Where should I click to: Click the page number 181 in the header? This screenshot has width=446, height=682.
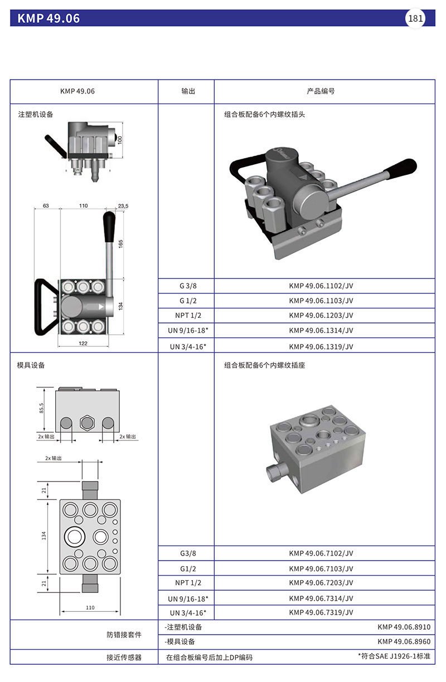(x=416, y=18)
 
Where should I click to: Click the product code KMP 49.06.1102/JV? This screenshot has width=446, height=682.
(x=321, y=286)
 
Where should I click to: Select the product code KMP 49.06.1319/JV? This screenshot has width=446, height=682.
(x=321, y=346)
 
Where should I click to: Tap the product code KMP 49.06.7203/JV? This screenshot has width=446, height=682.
(x=321, y=583)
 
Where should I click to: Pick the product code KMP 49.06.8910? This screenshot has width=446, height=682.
(x=404, y=627)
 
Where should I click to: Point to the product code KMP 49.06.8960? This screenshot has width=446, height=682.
(x=404, y=641)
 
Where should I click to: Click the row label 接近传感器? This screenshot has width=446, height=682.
(x=124, y=658)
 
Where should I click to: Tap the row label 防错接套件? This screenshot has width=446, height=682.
(x=124, y=635)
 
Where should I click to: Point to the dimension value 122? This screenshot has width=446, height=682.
(x=83, y=344)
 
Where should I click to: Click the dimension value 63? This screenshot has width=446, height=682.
(x=46, y=206)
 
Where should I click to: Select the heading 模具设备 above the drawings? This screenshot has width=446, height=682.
(x=31, y=366)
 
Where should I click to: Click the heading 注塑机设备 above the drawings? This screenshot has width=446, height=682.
(x=35, y=115)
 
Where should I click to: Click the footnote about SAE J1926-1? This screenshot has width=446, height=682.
(x=394, y=657)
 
